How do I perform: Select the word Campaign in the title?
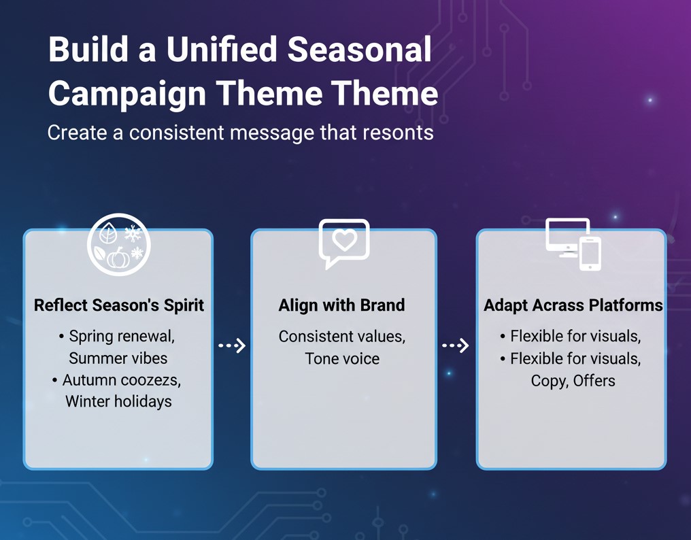(x=127, y=94)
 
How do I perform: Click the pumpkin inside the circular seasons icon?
(x=118, y=258)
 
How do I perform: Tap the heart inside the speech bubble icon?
(x=344, y=240)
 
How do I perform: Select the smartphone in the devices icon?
(x=590, y=254)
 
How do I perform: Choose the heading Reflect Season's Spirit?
(x=119, y=305)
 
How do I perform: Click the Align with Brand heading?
(x=341, y=305)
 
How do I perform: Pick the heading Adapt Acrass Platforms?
(x=573, y=305)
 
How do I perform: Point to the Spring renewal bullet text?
(x=122, y=337)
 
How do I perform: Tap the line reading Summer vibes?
(x=118, y=358)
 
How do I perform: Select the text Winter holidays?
(x=118, y=401)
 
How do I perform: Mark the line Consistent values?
(x=342, y=337)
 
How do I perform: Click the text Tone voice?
(x=342, y=358)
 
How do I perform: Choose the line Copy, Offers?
(x=573, y=380)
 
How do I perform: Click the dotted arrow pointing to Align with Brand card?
(x=232, y=345)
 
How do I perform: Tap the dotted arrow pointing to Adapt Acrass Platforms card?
(x=456, y=345)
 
